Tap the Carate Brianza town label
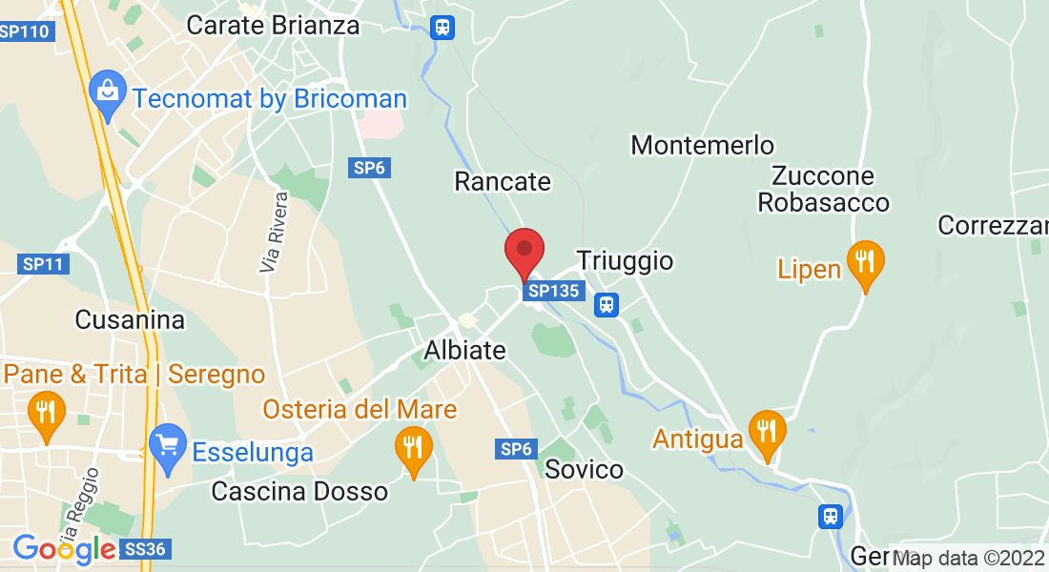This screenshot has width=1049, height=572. coord(273,25)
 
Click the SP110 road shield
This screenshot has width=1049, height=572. coord(26,31)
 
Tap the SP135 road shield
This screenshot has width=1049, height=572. coord(553,291)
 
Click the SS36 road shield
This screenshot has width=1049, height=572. coord(146,549)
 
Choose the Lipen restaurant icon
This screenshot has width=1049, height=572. coord(865,262)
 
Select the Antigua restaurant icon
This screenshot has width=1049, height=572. coord(767,432)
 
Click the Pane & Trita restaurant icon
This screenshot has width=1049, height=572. coord(45,412)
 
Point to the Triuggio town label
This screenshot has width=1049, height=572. coord(625,261)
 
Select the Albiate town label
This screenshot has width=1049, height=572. coord(464,350)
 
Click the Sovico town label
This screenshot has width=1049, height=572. coord(584,469)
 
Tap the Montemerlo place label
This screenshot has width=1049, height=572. coord(703,145)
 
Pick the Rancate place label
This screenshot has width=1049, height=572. coord(503,181)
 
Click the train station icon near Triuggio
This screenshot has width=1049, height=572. coord(606,305)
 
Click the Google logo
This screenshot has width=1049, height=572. coord(64,549)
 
